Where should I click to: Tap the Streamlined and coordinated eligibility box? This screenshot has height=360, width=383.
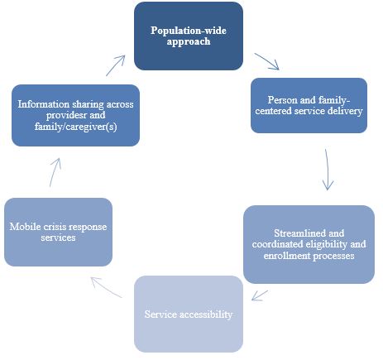(309, 245)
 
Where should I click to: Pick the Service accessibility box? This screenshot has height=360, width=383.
(189, 315)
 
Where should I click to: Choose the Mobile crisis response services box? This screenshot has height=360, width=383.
(58, 232)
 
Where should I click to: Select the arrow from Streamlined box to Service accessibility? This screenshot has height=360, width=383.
(261, 294)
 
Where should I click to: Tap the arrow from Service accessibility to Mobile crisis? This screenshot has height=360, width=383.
(103, 286)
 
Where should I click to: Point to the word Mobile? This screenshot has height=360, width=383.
(25, 226)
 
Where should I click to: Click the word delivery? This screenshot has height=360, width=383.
(346, 111)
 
